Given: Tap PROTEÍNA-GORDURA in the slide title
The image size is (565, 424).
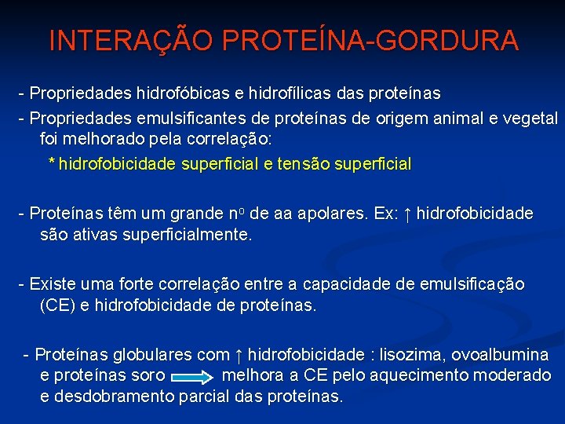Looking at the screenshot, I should (x=366, y=41).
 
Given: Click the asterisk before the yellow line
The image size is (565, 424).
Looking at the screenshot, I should (x=52, y=163).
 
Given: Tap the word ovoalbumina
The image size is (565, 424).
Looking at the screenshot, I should (x=501, y=355).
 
